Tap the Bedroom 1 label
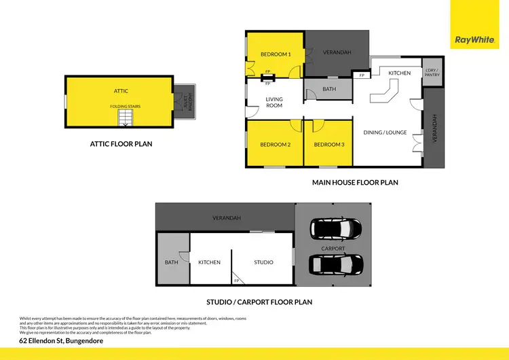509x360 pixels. pos(276,54)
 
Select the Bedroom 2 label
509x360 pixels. pos(275,145)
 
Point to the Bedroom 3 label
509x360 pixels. pos(329,145)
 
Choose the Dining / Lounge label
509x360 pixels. pos(385,132)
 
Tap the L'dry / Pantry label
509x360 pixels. pos(432,73)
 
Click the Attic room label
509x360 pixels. pos(121,90)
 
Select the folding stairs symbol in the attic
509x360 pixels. pos(126,119)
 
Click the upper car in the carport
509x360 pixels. pos(333,230)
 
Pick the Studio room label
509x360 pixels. pos(263,262)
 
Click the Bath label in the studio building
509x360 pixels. pos(171,262)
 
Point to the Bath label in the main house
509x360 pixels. pos(329,89)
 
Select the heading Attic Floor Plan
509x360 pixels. pos(121,144)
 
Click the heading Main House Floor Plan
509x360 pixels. pos(355,182)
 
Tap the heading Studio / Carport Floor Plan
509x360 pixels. pos(259,302)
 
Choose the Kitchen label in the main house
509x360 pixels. pos(400,73)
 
